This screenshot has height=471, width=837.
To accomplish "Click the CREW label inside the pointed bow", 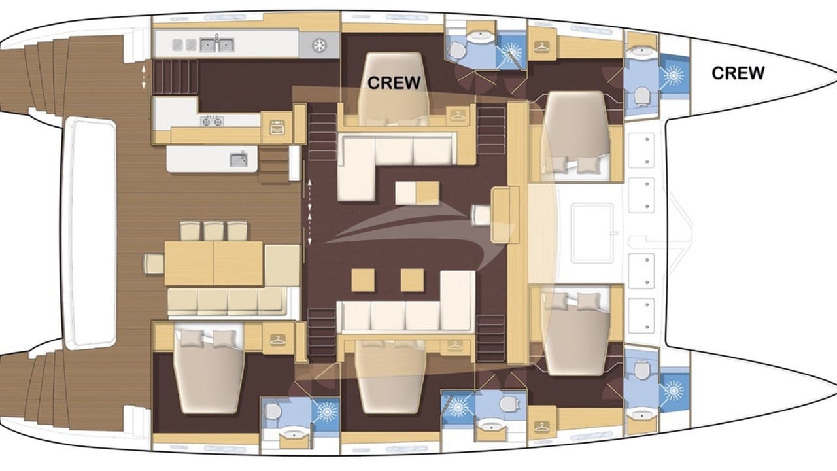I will [738, 73].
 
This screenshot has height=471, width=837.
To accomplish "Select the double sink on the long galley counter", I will [216, 44].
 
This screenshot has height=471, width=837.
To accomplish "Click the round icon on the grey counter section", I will [318, 45].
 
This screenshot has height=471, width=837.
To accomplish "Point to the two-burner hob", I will [213, 121].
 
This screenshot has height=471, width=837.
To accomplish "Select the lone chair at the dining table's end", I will [153, 264].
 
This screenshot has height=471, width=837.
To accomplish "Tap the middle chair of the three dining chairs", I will [213, 231].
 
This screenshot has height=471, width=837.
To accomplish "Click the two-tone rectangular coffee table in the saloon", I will [417, 193].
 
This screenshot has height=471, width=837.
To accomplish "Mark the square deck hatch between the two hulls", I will [591, 232].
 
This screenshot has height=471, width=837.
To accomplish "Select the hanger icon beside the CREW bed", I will [456, 114].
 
